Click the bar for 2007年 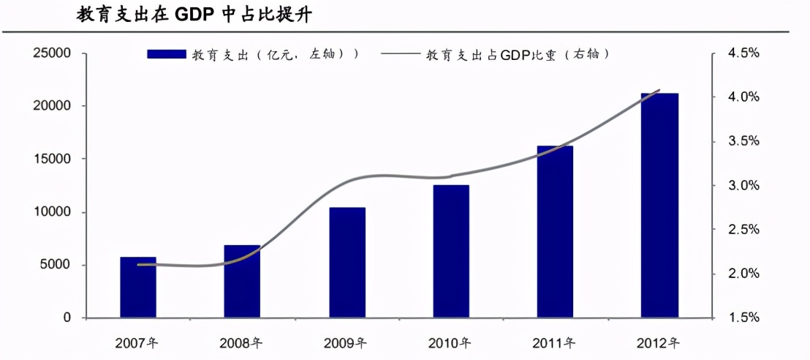click(x=138, y=288)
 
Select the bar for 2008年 click(x=242, y=282)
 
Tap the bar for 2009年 click(x=347, y=263)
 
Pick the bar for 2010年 click(x=451, y=252)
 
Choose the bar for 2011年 click(x=555, y=232)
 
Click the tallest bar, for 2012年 click(x=659, y=206)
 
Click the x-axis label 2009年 click(x=347, y=342)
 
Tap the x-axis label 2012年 click(x=659, y=342)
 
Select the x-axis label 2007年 click(x=138, y=342)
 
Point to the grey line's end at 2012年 click(x=659, y=90)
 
